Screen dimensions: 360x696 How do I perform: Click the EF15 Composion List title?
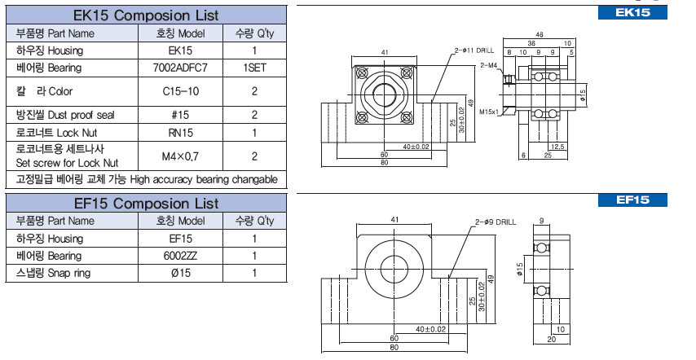(146, 202)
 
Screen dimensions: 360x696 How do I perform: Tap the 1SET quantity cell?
(254, 68)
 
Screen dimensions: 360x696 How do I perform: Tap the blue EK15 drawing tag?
(632, 13)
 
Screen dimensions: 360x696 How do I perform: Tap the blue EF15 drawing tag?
(632, 200)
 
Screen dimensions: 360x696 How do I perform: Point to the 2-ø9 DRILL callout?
(495, 221)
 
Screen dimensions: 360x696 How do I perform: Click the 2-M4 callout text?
(489, 64)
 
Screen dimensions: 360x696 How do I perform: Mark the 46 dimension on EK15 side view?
(540, 35)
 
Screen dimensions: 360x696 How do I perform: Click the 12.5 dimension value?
(557, 146)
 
